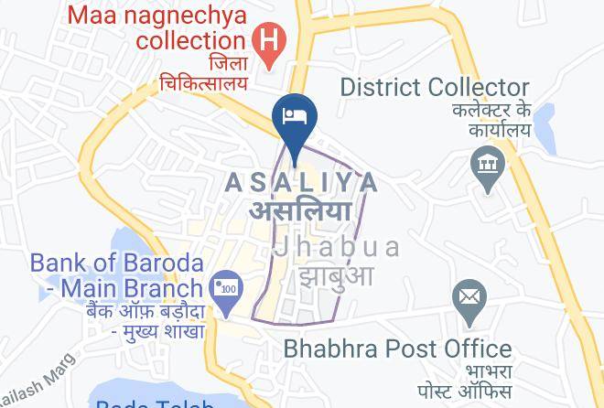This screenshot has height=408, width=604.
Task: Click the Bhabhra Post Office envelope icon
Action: (x=469, y=297)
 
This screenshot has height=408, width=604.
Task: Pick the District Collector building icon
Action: (x=486, y=165)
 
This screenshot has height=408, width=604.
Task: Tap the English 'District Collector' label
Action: (x=435, y=88)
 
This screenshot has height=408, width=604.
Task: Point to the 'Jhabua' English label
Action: (x=337, y=247)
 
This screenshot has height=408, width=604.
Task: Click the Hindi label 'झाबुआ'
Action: (x=332, y=274)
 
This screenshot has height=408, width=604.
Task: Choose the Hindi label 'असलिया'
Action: (x=301, y=209)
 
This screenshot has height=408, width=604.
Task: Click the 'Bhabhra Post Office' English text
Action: (x=397, y=349)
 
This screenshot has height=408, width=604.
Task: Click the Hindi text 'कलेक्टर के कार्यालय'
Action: (x=491, y=120)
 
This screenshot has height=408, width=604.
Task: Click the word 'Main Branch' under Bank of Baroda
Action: (x=125, y=289)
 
